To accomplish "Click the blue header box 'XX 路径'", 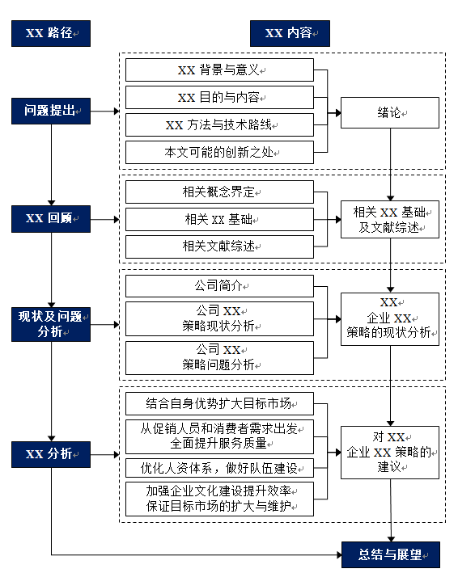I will coord(50,33).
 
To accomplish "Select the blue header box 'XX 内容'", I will coord(291,33).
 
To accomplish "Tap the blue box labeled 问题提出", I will coord(50,111).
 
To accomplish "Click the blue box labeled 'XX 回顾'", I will coord(50,218).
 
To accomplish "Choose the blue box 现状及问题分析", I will coord(50,324).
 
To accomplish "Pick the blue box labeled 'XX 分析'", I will coord(50,453).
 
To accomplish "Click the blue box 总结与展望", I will coord(390,554).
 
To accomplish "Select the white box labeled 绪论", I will coord(390,112).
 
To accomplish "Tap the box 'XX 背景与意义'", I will coord(219,70).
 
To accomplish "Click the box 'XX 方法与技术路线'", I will coord(219,125).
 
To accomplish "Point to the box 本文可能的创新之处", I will coord(219,152).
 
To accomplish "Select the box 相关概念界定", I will coord(219,192).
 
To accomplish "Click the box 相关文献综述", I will coord(219,246).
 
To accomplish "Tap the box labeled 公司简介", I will coord(219,286).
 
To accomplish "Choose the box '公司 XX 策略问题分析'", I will coord(219,357).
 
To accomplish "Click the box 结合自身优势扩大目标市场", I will coord(219,403).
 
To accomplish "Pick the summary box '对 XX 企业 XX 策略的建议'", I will coord(390,453).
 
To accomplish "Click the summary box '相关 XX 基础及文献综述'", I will coord(390,219).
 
